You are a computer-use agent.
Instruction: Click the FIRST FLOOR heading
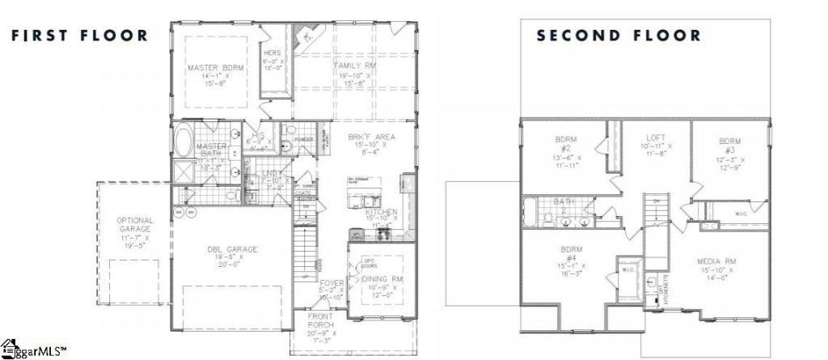pyautogui.click(x=78, y=35)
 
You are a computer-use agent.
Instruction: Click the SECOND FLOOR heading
pyautogui.click(x=619, y=36)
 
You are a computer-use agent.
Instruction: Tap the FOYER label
pyautogui.click(x=332, y=283)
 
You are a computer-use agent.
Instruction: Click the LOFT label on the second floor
pyautogui.click(x=655, y=138)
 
